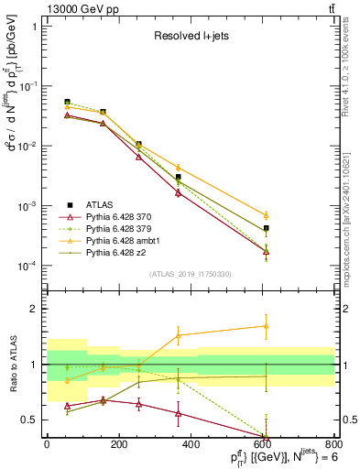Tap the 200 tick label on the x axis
pyautogui.click(x=118, y=445)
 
